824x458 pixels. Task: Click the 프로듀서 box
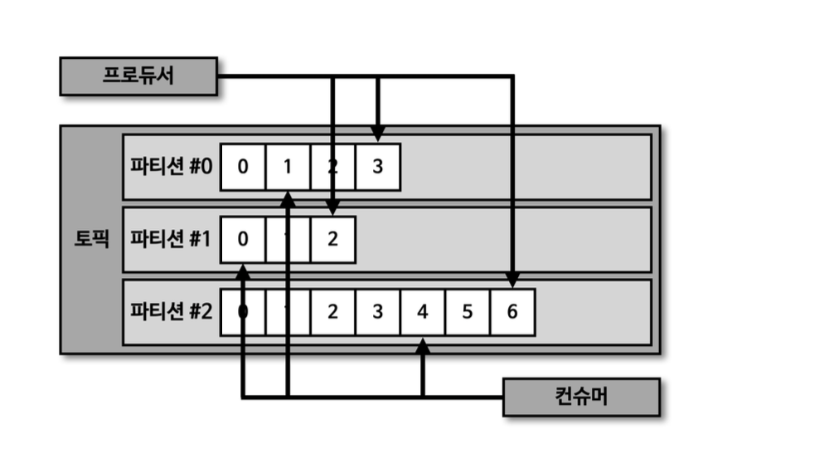[138, 76]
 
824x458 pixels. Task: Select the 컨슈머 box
[581, 397]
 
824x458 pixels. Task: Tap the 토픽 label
[91, 240]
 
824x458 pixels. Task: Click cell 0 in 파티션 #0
[243, 167]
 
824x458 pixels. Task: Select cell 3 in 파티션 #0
[378, 167]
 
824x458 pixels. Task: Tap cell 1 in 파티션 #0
[288, 167]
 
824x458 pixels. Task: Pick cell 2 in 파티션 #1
[332, 240]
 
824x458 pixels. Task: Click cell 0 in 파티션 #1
[243, 240]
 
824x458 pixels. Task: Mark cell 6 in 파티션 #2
[512, 312]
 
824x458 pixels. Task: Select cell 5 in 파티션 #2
[468, 312]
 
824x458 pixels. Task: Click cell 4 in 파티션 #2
[423, 312]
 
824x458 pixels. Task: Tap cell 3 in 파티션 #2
[378, 312]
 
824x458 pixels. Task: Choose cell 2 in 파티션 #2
[332, 312]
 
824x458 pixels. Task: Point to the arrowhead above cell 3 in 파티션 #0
[378, 134]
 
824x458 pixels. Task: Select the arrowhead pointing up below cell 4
[423, 344]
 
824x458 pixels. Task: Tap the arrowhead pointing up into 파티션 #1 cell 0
[243, 271]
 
